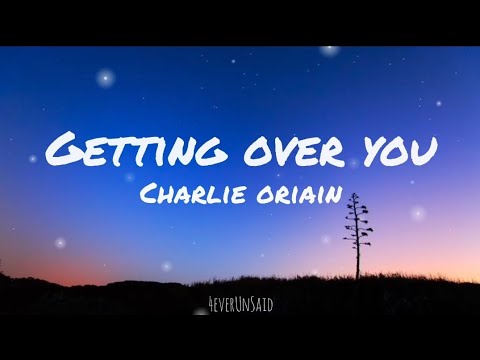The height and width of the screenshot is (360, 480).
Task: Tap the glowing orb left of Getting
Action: tap(33, 158)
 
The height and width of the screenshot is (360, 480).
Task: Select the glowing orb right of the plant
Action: tap(417, 213)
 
